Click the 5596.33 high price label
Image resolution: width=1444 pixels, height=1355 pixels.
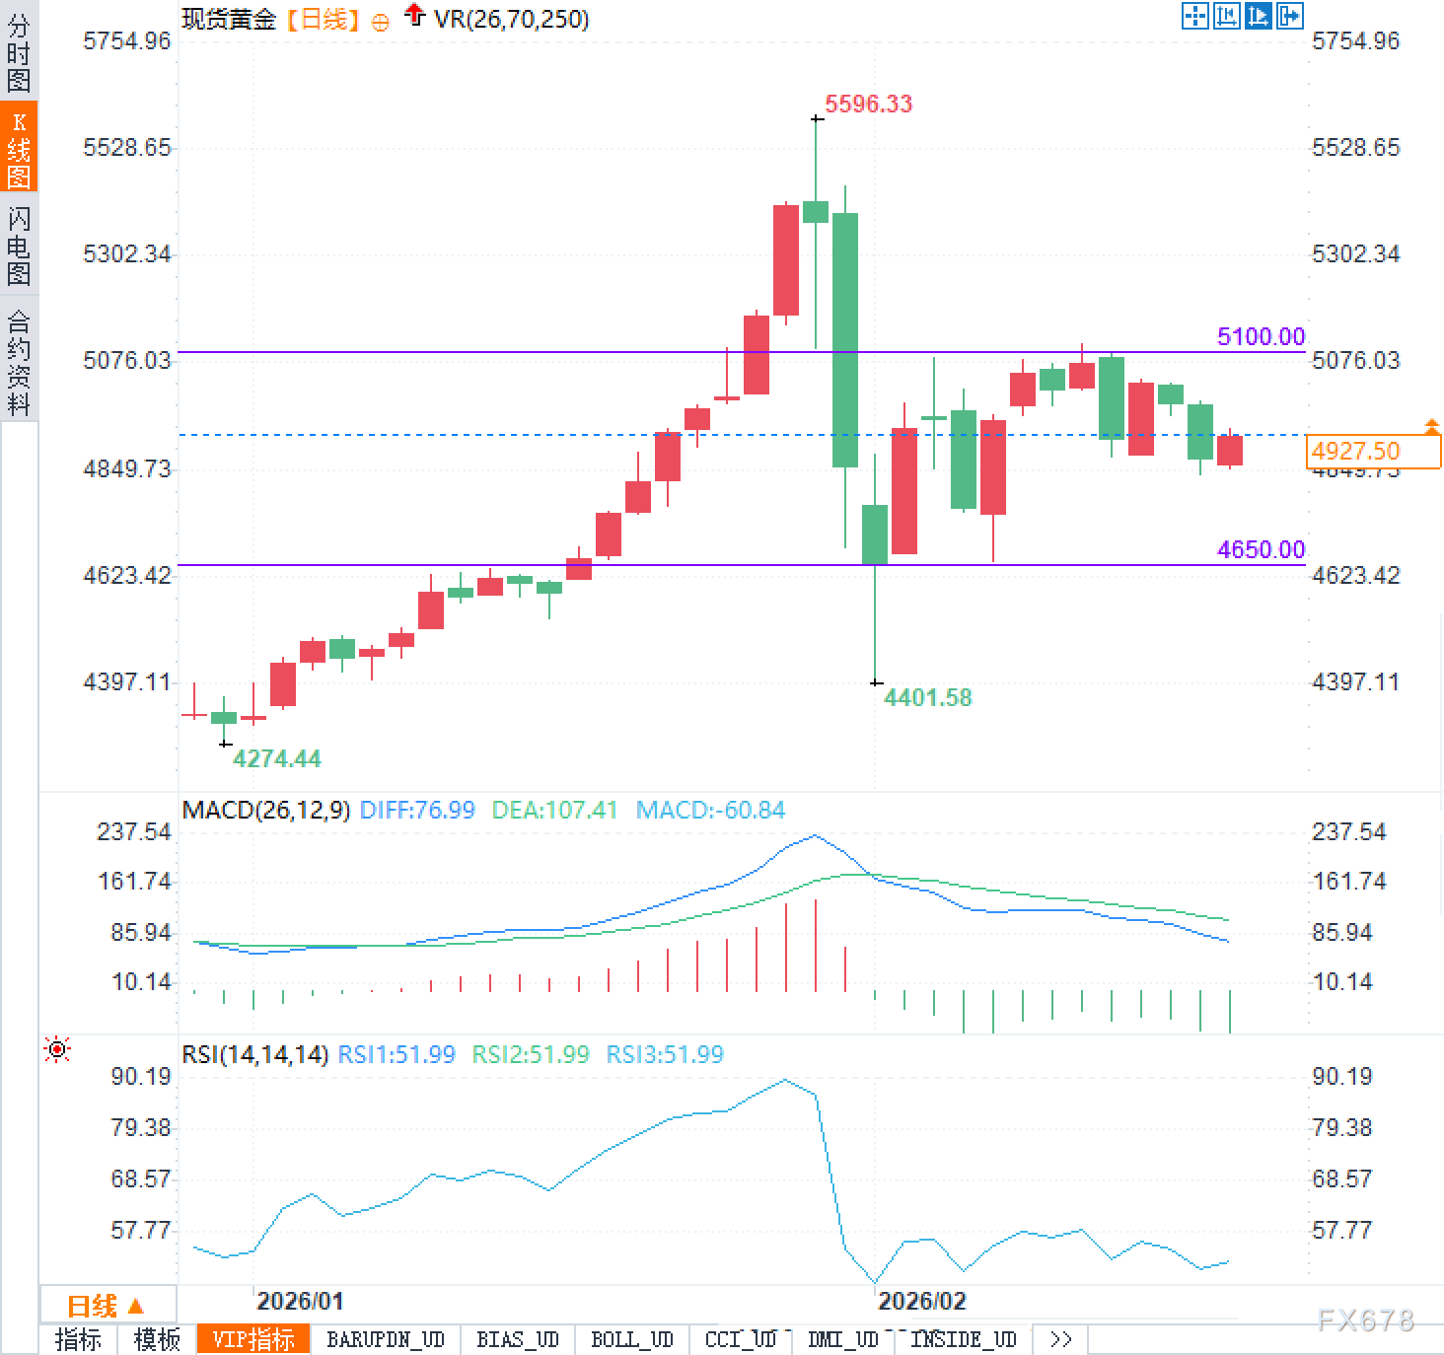coord(868,104)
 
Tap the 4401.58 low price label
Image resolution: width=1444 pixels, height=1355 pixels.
coord(927,697)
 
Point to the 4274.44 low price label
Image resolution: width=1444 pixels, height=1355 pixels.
coord(276,758)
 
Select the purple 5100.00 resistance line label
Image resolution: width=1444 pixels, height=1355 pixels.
coord(1261,336)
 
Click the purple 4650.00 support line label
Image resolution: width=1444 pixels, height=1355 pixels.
coord(1261,549)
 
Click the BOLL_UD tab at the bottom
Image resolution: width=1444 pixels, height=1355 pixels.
coord(631,1339)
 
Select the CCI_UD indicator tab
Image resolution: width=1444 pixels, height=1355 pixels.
coord(740,1339)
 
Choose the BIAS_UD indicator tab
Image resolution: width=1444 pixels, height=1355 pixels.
coord(517,1339)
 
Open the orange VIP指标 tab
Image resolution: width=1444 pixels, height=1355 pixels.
coord(253,1339)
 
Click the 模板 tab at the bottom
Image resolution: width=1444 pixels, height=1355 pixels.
coord(157,1339)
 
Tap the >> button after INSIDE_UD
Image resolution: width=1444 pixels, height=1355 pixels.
coord(1060,1339)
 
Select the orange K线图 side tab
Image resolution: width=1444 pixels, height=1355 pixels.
coord(19,149)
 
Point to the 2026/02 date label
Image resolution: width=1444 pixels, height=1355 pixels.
coord(921,1301)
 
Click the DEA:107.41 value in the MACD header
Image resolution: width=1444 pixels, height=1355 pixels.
coord(554,811)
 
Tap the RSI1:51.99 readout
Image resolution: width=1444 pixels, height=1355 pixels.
coord(397,1054)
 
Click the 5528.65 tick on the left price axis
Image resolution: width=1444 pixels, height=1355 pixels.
coord(126,148)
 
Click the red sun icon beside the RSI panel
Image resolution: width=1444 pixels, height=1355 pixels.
coord(57,1050)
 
